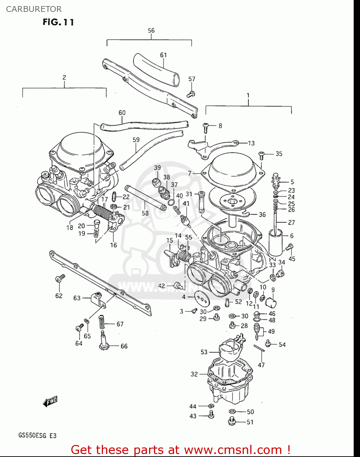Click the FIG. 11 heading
[58, 22]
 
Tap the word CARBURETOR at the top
[34, 9]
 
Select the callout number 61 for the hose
[163, 55]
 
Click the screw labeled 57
[191, 94]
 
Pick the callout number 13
[251, 143]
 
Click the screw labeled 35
[261, 155]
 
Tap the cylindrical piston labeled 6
[276, 243]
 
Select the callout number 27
[291, 222]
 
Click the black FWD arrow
[50, 402]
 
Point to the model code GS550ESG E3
[37, 435]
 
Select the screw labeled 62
[59, 278]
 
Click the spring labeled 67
[102, 323]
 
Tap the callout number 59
[136, 140]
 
